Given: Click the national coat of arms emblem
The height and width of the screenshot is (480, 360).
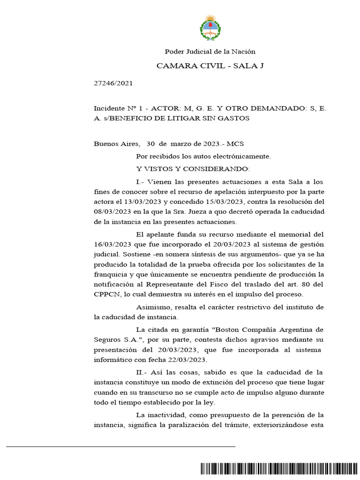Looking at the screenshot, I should click(210, 28).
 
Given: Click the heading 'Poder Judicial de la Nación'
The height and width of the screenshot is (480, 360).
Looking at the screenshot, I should click(210, 52).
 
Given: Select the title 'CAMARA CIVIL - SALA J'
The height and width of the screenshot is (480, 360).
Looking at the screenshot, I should click(210, 66).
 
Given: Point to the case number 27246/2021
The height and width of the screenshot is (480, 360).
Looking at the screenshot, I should click(113, 83).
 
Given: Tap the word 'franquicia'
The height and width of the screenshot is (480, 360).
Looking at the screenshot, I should click(112, 274).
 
